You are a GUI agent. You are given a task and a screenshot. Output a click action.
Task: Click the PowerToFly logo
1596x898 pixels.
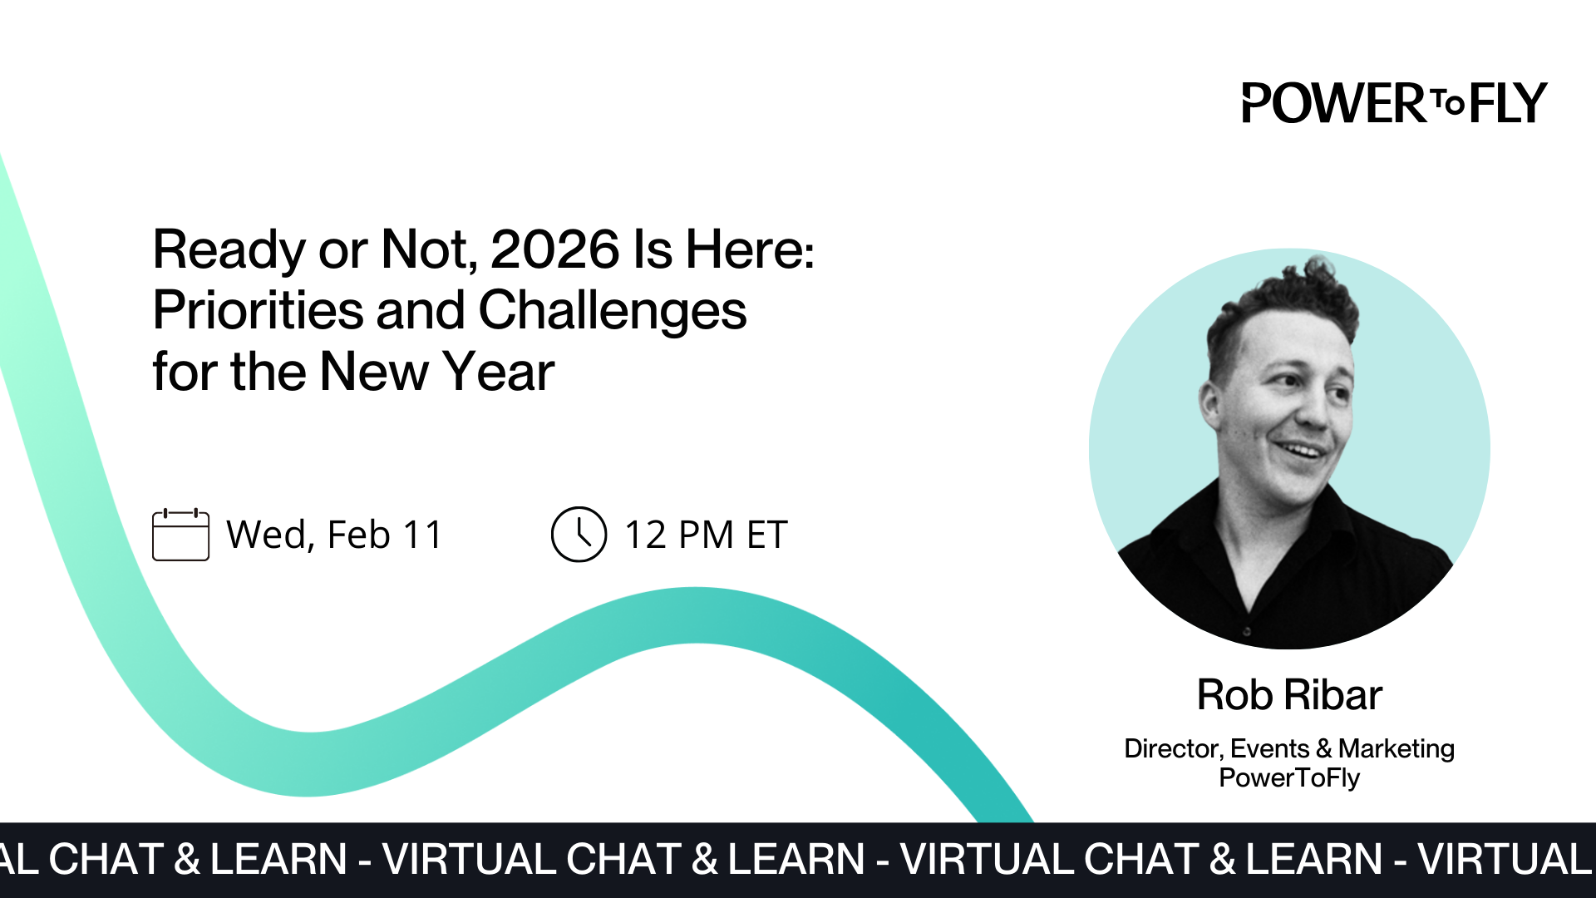[1394, 103]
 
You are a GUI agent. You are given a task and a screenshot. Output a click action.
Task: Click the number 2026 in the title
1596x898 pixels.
[554, 249]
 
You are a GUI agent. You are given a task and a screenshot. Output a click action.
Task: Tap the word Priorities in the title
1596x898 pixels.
[258, 311]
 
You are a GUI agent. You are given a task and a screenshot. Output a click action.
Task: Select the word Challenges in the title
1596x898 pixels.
[612, 311]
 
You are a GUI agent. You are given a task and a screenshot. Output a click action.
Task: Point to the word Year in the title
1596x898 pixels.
[498, 372]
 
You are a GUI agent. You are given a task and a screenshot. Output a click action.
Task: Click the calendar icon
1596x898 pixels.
[180, 535]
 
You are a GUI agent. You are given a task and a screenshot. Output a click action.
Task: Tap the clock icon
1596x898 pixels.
[579, 535]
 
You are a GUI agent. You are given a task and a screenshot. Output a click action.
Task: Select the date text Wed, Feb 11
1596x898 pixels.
[334, 535]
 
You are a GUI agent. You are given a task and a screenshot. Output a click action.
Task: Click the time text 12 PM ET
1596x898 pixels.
[706, 535]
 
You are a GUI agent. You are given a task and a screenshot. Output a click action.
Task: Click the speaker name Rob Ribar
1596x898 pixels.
[1289, 694]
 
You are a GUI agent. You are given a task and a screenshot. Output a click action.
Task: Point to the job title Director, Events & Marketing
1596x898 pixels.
[1289, 748]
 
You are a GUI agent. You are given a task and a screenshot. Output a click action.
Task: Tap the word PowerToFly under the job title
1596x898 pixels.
[1289, 778]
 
